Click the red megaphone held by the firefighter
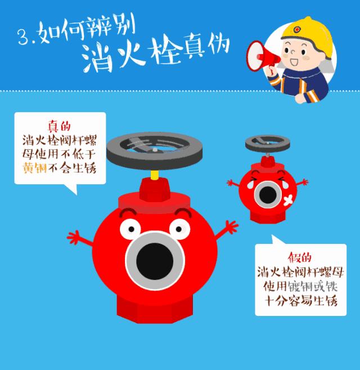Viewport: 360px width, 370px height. click(261, 53)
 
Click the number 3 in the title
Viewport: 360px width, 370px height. click(22, 38)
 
